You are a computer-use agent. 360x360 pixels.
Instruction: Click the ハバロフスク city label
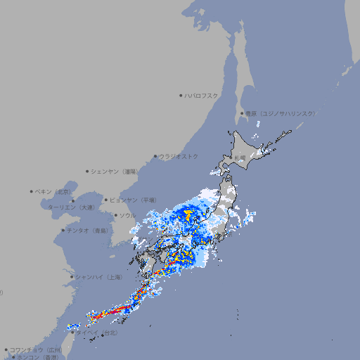202,95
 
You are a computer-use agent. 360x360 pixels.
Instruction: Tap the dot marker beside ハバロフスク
181,95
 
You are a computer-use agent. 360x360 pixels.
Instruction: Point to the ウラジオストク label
179,156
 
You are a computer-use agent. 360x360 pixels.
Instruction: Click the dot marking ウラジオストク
155,156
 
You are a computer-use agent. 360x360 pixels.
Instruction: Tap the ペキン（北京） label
54,191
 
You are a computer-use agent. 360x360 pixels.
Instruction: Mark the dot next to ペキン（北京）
32,191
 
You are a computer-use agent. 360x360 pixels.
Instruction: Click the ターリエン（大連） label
71,207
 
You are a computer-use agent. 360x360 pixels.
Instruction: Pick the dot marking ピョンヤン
106,200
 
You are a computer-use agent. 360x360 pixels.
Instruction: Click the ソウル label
127,215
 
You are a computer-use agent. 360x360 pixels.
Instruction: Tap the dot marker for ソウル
115,215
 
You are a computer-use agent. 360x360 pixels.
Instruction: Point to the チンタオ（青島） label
88,230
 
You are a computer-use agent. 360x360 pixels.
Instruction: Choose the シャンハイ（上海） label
98,276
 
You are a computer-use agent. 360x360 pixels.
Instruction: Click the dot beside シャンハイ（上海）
72,276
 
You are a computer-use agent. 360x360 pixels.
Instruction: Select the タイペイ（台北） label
101,332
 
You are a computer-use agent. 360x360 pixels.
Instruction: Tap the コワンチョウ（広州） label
35,349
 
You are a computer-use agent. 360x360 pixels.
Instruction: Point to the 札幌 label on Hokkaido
240,157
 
